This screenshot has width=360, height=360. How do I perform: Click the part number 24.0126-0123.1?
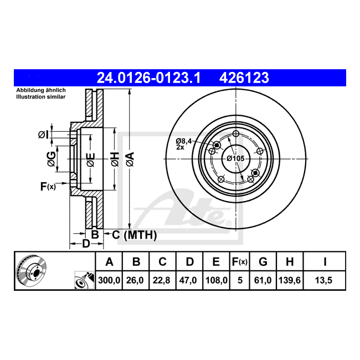[x=149, y=78]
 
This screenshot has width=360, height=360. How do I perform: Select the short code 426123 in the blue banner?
[x=244, y=78]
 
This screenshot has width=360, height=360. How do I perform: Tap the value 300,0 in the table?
[x=109, y=280]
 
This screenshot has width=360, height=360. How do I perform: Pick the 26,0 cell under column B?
[x=135, y=280]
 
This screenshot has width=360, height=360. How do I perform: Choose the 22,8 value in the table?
[x=161, y=280]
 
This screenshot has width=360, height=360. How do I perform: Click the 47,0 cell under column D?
[x=188, y=280]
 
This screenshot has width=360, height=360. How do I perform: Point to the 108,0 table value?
[x=216, y=280]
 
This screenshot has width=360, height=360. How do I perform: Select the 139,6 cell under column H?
[x=290, y=280]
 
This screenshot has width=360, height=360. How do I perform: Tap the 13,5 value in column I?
[x=324, y=280]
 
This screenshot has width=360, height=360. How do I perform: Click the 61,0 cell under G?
[x=263, y=280]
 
